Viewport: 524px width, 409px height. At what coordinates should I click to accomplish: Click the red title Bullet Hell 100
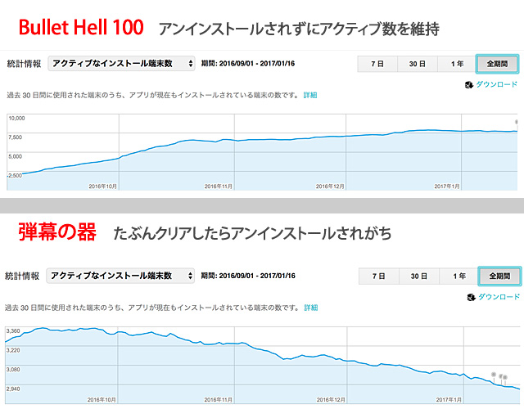81,28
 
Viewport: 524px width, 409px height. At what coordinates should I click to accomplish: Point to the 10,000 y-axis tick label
17,118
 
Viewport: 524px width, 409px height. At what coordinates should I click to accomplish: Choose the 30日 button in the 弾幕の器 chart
419,276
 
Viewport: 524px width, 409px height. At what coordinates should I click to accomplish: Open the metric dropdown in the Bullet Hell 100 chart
121,63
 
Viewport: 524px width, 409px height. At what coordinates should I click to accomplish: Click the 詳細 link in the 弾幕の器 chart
310,308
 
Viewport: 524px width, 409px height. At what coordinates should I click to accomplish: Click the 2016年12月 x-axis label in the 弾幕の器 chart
332,400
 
